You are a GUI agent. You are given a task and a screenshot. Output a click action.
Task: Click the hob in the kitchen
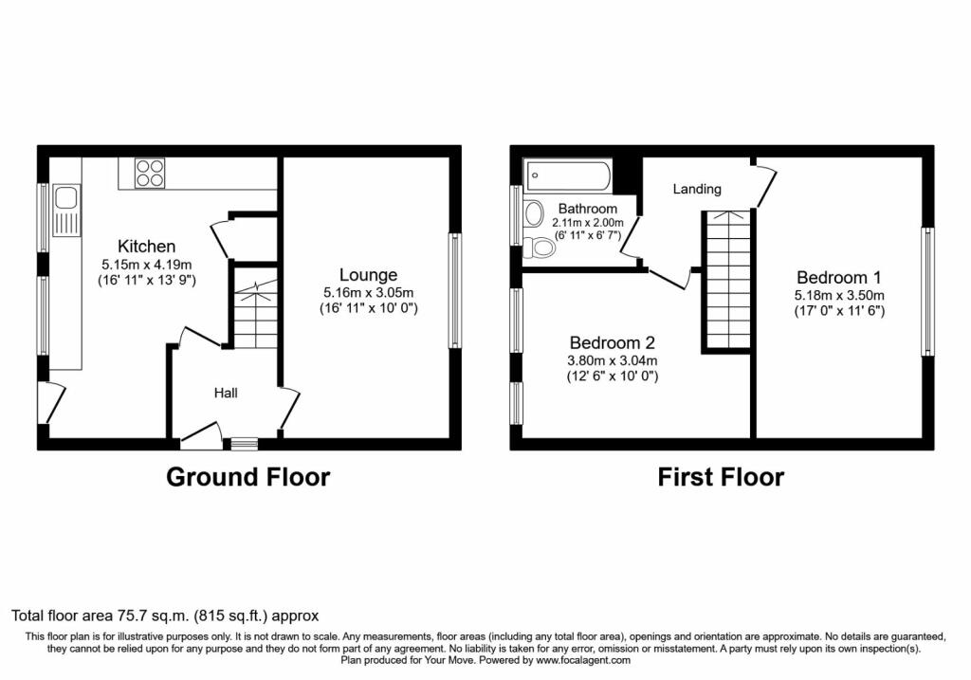pyautogui.click(x=151, y=173)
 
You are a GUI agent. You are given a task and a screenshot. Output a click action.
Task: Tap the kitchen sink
pyautogui.click(x=66, y=211)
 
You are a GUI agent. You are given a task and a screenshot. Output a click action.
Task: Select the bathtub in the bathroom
pyautogui.click(x=568, y=175)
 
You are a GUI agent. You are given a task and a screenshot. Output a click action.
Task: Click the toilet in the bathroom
pyautogui.click(x=539, y=248)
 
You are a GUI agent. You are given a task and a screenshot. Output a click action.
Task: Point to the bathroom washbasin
pyautogui.click(x=533, y=213)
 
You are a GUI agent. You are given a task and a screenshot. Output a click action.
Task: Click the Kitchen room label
pyautogui.click(x=147, y=247)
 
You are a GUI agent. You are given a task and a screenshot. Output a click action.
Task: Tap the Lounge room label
pyautogui.click(x=369, y=275)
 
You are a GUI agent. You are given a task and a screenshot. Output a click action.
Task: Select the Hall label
pyautogui.click(x=226, y=393)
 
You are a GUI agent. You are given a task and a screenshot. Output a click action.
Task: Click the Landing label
pyautogui.click(x=697, y=189)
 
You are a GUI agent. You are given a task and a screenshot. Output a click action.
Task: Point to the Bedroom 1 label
pyautogui.click(x=838, y=278)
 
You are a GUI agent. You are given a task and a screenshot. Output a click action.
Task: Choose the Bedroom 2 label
pyautogui.click(x=612, y=342)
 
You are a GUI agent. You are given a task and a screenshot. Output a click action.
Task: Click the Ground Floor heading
pyautogui.click(x=248, y=477)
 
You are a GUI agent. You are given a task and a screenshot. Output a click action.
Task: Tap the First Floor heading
pyautogui.click(x=721, y=477)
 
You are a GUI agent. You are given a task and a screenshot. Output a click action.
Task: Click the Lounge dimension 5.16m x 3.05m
pyautogui.click(x=369, y=293)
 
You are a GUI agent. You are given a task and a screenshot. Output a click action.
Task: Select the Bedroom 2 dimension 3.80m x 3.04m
pyautogui.click(x=613, y=360)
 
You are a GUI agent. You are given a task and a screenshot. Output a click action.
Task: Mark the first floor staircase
pyautogui.click(x=727, y=280)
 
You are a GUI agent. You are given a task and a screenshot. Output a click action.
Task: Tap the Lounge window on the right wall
pyautogui.click(x=455, y=290)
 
